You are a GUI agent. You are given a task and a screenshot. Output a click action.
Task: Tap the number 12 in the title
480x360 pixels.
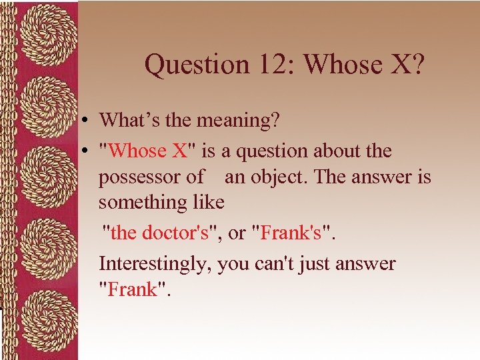tap(267, 65)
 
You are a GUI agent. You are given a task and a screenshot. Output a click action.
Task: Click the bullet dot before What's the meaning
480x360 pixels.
tap(87, 121)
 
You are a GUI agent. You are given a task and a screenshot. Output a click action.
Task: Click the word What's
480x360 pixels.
tap(126, 121)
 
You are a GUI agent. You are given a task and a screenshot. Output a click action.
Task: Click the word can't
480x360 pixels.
tap(274, 264)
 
